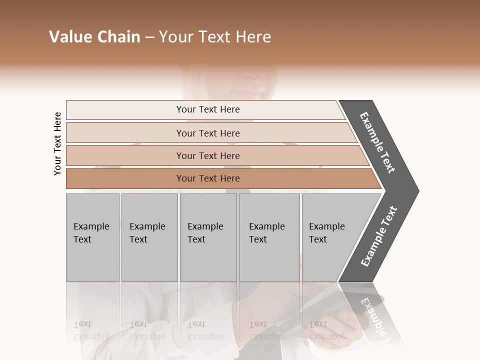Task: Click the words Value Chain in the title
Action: [x=94, y=37]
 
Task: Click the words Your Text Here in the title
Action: [x=215, y=37]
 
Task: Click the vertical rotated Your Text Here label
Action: [x=57, y=143]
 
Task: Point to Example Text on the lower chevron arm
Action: [x=379, y=236]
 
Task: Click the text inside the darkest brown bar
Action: [x=208, y=178]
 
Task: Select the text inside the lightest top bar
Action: [x=208, y=109]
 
